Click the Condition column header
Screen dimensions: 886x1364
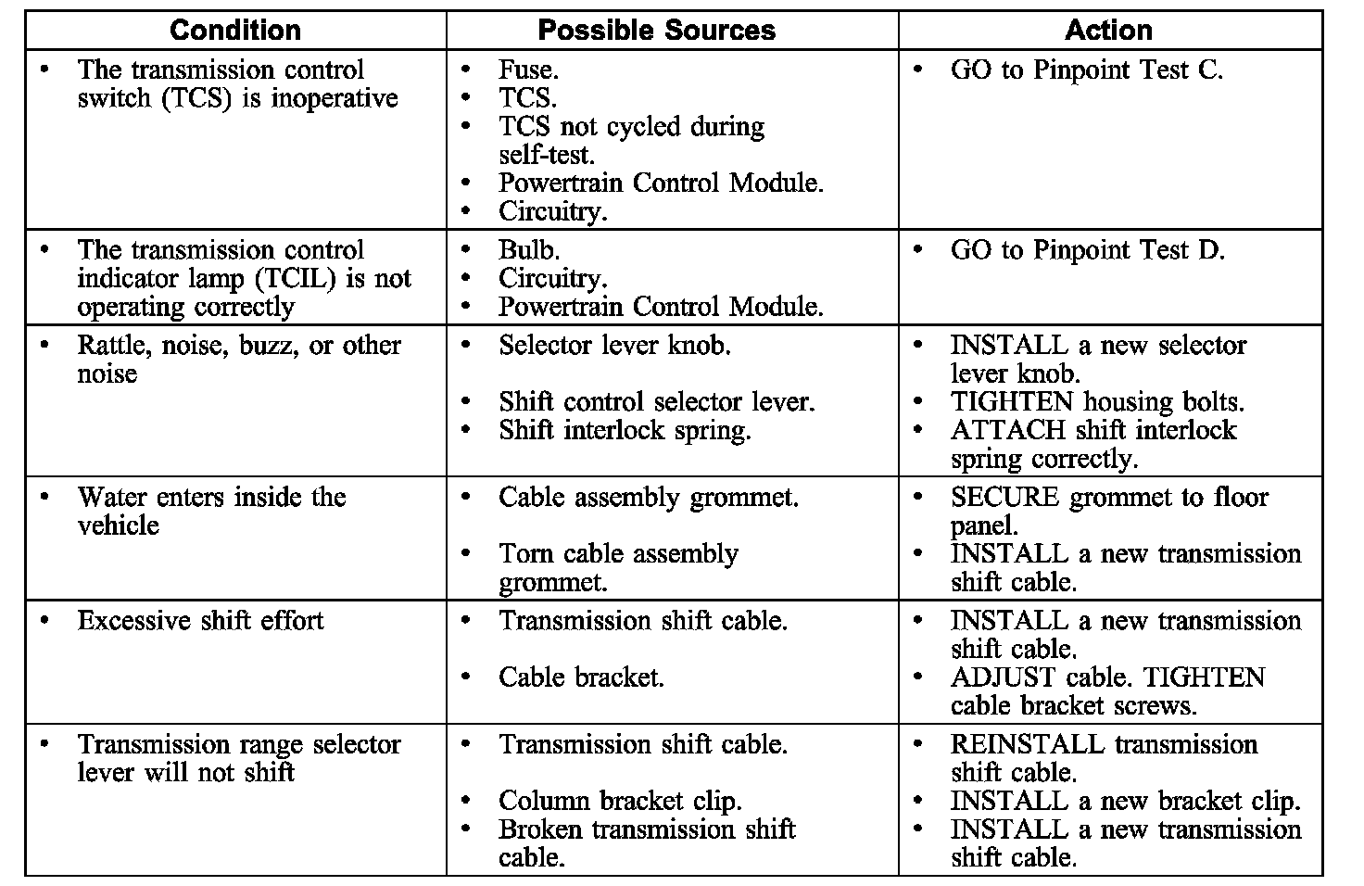click(235, 31)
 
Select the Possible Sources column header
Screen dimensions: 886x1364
click(656, 31)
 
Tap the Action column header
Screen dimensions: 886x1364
click(1108, 31)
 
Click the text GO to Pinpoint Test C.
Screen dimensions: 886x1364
click(1086, 70)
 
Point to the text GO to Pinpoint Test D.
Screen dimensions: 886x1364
click(1087, 250)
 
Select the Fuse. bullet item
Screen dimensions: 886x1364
click(528, 70)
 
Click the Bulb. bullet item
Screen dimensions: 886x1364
click(529, 250)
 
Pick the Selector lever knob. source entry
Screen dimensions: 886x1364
click(614, 346)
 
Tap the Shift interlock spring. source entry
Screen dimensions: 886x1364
click(624, 431)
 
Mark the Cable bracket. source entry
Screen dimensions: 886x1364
click(581, 677)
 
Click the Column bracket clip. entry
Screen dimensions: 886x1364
click(620, 801)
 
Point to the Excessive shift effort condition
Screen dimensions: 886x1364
click(200, 621)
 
